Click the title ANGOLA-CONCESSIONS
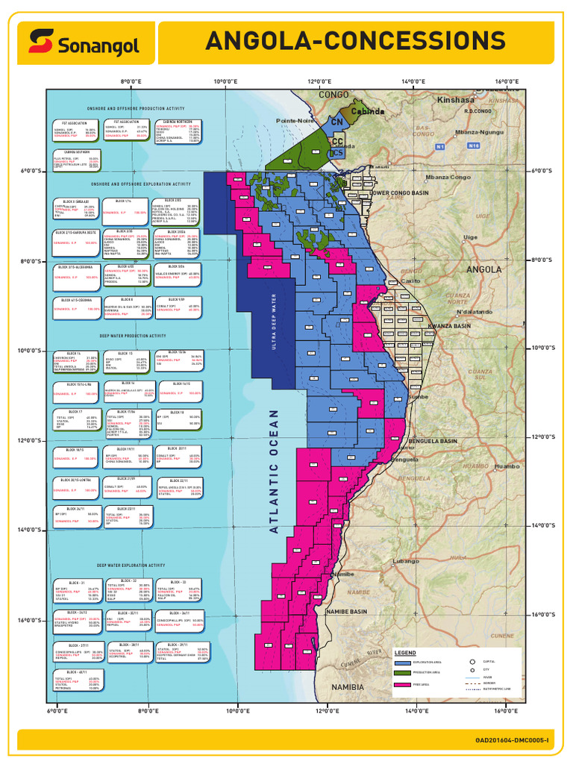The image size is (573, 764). point(354,40)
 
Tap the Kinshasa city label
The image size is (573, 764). point(456,99)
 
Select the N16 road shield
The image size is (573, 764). point(473,147)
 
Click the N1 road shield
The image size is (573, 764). point(440,147)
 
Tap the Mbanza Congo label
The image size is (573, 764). point(448,177)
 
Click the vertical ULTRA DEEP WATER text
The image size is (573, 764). point(274,321)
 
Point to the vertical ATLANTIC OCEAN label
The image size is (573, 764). point(273,470)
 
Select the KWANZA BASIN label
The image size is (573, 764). point(450,326)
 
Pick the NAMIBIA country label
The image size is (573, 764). point(347,686)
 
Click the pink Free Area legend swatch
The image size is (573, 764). point(403,684)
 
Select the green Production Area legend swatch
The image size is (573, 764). point(403,673)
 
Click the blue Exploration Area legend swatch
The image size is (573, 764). point(403,662)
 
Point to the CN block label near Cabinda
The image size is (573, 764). point(337,121)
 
